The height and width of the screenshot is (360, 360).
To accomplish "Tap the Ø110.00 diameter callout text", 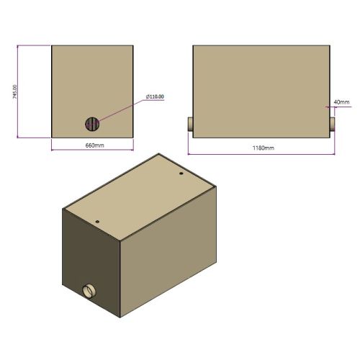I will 154,96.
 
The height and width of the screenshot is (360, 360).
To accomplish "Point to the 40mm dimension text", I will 342,102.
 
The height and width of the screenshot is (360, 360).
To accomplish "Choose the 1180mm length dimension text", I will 263,148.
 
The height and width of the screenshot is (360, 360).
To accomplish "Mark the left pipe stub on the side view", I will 190,125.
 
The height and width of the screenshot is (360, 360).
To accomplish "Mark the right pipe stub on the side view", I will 333,125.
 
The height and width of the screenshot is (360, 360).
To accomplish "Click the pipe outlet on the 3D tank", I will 89,291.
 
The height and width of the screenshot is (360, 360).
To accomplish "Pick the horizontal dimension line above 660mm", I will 93,150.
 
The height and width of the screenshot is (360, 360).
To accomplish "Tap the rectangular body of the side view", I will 260,90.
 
